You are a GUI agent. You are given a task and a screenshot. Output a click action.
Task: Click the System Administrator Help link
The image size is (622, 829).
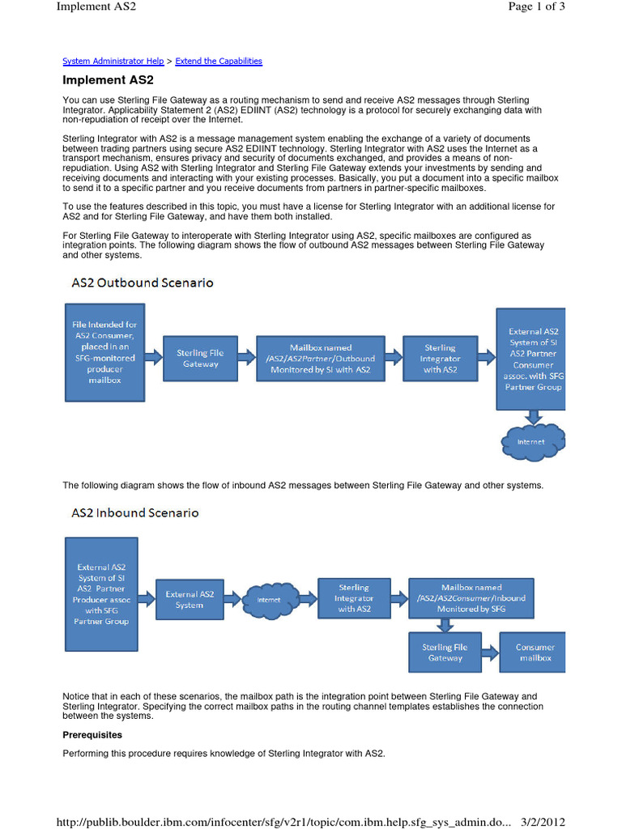coord(113,61)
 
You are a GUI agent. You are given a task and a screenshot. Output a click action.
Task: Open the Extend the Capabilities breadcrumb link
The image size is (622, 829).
coord(219,61)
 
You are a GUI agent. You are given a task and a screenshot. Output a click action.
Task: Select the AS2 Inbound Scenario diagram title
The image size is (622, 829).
coord(134,512)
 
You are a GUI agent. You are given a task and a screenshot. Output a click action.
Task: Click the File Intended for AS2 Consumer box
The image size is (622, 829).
coord(105,353)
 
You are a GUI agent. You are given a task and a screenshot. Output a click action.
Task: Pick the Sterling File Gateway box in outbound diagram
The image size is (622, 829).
coord(200,358)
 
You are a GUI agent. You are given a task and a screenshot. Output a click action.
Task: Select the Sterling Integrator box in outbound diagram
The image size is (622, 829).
coord(440,358)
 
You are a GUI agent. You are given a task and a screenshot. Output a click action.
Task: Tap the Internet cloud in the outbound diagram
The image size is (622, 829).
coord(532,441)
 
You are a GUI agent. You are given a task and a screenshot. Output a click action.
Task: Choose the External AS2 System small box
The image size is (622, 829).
coord(190,600)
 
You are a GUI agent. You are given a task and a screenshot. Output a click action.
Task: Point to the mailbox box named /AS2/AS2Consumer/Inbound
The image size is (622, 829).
coord(471,598)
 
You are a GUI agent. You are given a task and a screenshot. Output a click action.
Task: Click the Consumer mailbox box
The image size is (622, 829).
coord(535,653)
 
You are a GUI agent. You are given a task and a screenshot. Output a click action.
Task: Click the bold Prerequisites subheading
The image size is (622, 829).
coord(92,735)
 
